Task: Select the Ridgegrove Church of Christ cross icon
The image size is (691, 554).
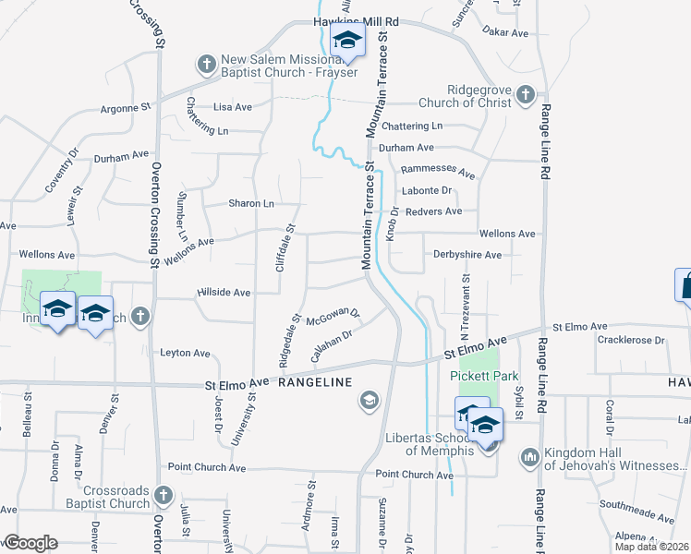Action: [525, 94]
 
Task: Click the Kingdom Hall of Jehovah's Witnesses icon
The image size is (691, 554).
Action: [529, 456]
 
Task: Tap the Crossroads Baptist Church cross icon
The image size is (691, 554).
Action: [164, 496]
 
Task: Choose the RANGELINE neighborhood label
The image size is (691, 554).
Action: [315, 382]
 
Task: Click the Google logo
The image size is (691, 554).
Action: [30, 543]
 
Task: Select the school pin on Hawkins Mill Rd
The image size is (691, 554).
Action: [347, 41]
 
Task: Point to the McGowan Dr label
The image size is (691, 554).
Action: [332, 319]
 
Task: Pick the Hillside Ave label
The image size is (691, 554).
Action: [224, 293]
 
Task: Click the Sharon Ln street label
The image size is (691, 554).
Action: [251, 204]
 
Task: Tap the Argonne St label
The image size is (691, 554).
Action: [126, 108]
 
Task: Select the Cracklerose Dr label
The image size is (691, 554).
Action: [631, 340]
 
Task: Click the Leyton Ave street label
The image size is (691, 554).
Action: [185, 353]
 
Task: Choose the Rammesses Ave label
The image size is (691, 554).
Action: [438, 174]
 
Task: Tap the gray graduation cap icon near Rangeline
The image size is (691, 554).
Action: [369, 400]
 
